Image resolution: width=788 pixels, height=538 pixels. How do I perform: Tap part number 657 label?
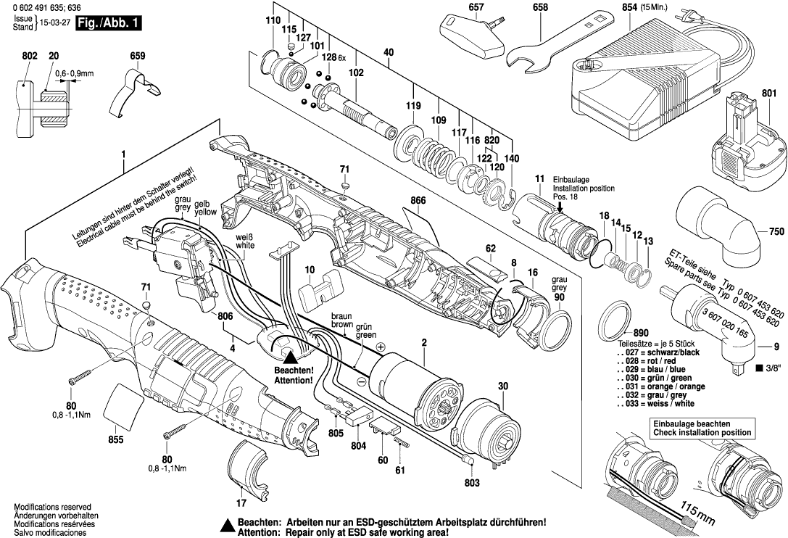pos(476,8)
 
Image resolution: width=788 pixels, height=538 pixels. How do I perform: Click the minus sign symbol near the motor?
pos(360,380)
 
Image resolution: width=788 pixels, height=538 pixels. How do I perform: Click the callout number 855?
pos(116,439)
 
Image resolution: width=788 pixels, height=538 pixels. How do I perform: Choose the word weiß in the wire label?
pos(245,237)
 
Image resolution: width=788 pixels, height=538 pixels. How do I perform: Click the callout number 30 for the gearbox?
pos(502,387)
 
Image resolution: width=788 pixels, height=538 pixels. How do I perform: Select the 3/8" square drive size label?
pos(768,368)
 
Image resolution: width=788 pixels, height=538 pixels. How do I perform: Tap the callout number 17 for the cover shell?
pos(241,502)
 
